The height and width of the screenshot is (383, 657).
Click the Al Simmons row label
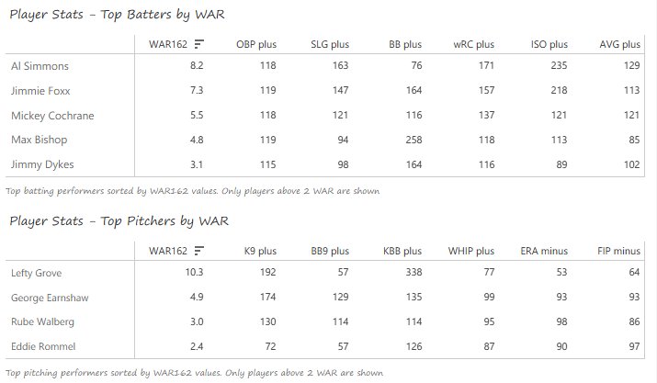(40, 67)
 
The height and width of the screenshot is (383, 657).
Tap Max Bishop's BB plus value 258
(412, 141)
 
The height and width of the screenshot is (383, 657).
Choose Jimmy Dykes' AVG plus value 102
(630, 164)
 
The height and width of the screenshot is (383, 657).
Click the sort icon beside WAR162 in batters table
(198, 44)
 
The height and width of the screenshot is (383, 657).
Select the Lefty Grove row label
(35, 274)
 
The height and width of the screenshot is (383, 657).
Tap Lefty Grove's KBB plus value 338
(412, 274)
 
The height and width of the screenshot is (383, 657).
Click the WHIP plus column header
(471, 251)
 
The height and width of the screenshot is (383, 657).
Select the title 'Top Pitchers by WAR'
(119, 221)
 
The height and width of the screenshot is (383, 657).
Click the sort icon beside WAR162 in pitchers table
(198, 251)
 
